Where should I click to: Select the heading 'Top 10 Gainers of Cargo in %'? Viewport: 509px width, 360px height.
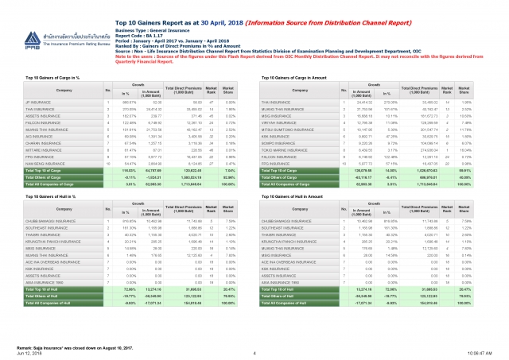click(57, 78)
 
